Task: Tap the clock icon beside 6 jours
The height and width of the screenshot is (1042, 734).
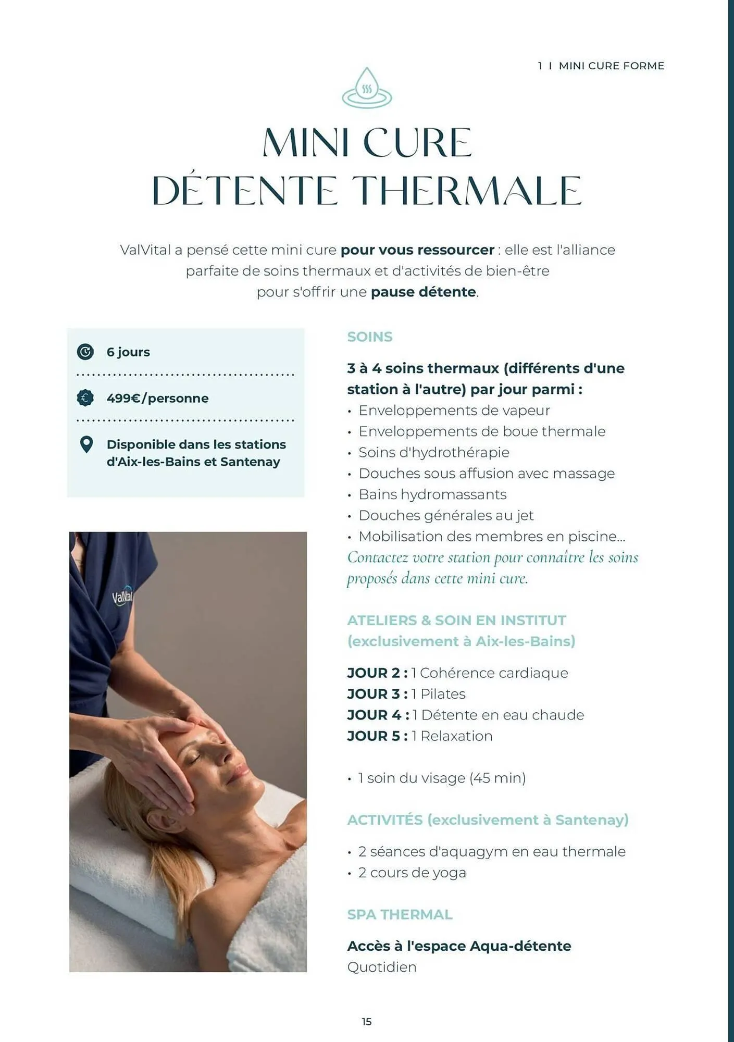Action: click(x=85, y=352)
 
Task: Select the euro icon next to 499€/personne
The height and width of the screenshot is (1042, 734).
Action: click(x=85, y=398)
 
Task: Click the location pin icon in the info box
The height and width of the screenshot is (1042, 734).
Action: click(x=86, y=444)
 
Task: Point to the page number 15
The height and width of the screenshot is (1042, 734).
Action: click(x=367, y=1022)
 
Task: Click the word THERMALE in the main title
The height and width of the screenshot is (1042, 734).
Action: click(x=466, y=191)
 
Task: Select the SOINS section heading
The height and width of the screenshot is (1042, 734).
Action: click(x=370, y=337)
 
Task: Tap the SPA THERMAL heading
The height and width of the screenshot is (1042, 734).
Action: click(x=400, y=914)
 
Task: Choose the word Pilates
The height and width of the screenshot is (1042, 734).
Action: click(x=443, y=694)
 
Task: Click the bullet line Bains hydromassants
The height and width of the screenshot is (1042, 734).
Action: click(x=432, y=494)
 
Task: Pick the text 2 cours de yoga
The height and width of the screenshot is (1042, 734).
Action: click(x=412, y=873)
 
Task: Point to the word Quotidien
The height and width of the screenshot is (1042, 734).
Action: click(x=382, y=967)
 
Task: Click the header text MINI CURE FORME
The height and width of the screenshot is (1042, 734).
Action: click(x=612, y=66)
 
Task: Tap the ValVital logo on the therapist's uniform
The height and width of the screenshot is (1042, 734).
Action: click(x=123, y=597)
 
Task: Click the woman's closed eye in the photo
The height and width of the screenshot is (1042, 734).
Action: click(x=193, y=760)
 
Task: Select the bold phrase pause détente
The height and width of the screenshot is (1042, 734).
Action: click(x=423, y=292)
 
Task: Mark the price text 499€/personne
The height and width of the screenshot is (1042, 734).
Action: click(x=157, y=399)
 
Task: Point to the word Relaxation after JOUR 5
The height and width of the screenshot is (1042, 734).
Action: click(x=456, y=736)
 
